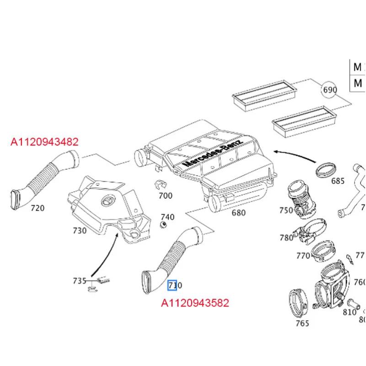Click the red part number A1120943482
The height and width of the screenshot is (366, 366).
coord(45,142)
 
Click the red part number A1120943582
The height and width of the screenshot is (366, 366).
coord(195,303)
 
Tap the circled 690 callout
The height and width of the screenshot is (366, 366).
coord(329,89)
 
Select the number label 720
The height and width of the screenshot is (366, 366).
coord(38,208)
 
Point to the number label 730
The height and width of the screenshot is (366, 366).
coord(79,231)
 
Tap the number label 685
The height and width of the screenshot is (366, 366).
coord(337,181)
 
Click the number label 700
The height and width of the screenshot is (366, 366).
coord(165,196)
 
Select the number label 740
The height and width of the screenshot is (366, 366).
coord(167,217)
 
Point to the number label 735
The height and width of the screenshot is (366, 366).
coord(80,280)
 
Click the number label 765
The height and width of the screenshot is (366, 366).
coord(302,323)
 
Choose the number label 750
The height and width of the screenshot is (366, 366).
coord(286,210)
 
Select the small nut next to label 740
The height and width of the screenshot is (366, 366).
coord(162,224)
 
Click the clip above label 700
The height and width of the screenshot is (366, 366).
coord(158,185)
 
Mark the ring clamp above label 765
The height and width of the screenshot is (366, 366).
coord(299,303)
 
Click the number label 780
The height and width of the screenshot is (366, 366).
coord(286,237)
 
